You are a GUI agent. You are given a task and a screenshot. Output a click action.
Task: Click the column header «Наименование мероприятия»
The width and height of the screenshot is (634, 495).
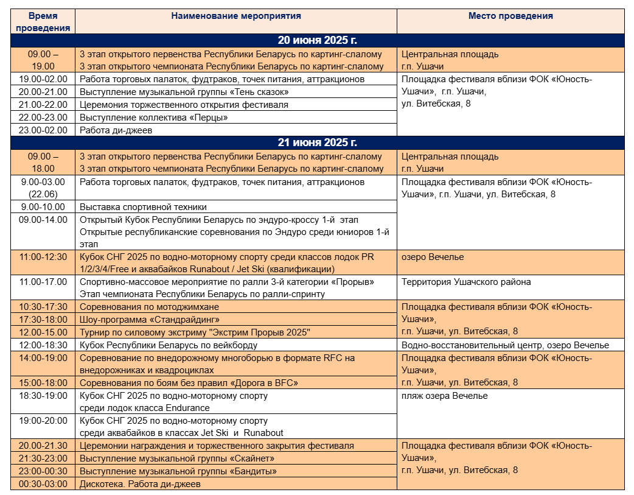[x=236, y=16]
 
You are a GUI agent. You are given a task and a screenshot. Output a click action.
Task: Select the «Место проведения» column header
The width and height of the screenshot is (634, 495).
[x=510, y=16]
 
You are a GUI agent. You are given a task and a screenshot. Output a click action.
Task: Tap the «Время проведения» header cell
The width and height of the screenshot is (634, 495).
[x=43, y=22]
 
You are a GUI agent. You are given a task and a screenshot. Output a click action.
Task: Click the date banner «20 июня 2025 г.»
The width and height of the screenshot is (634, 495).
[x=317, y=41]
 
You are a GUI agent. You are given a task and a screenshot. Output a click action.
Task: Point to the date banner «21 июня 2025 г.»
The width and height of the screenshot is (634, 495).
[x=317, y=143]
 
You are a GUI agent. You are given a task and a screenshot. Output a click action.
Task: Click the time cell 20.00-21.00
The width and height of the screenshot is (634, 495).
[x=43, y=92]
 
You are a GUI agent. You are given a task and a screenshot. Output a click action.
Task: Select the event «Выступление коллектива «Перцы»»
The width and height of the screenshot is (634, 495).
[x=154, y=118]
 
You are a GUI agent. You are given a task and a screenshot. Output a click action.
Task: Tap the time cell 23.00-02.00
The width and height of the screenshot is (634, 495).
[x=43, y=130]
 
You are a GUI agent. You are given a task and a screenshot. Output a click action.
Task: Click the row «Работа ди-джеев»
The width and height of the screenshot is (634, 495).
[x=116, y=130]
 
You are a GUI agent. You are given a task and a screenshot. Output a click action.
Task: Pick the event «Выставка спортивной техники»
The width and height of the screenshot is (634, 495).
[x=143, y=207]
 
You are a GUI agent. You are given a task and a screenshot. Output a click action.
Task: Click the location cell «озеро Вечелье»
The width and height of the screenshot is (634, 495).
[x=433, y=257]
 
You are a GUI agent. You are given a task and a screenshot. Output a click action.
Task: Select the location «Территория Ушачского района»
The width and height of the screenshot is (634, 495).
[x=466, y=282]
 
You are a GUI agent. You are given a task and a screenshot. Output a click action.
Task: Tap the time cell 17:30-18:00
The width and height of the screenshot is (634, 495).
[x=43, y=319]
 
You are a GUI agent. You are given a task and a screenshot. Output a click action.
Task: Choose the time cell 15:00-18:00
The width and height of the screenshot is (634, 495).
[x=43, y=383]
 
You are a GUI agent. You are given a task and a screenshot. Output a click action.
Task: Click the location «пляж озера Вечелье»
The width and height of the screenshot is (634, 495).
[x=445, y=396]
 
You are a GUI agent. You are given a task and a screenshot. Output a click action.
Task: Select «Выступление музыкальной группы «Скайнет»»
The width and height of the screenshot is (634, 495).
[x=179, y=458]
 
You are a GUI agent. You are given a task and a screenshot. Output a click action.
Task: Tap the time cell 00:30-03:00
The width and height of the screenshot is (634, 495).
[x=43, y=484]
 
